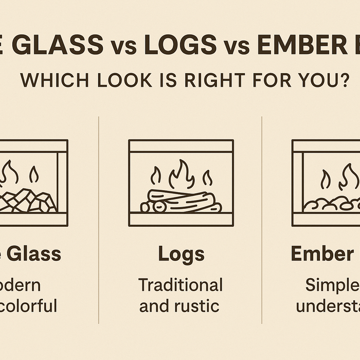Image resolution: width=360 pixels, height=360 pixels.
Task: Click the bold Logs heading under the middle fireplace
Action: [x=181, y=254]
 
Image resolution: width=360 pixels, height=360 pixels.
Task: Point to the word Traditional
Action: [x=181, y=285]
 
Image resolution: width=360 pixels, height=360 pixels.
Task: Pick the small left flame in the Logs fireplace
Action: [x=155, y=176]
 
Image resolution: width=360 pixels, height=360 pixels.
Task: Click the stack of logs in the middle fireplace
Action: [x=181, y=201]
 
